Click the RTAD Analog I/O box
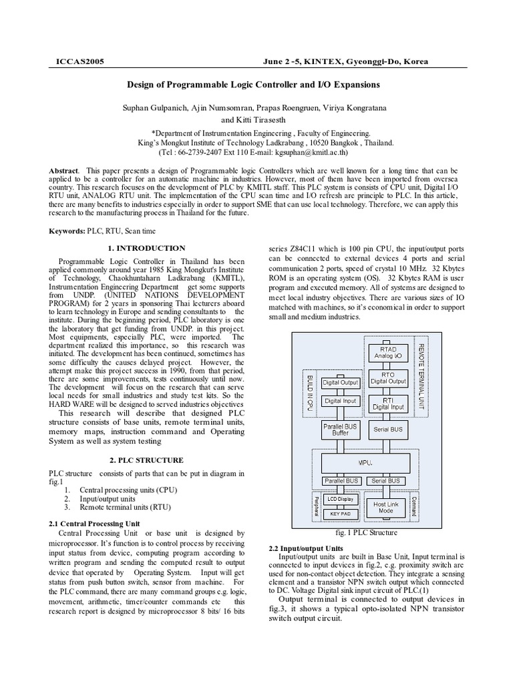(x=387, y=352)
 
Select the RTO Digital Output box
(x=387, y=378)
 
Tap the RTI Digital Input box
(x=387, y=402)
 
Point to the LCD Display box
(x=341, y=498)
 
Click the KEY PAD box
(x=341, y=514)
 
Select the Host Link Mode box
(x=387, y=508)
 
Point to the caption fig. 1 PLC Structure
(x=366, y=533)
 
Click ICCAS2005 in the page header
(x=77, y=61)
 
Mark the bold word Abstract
(x=64, y=171)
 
